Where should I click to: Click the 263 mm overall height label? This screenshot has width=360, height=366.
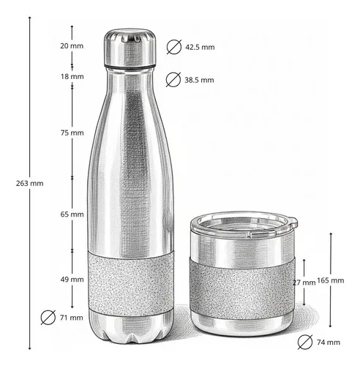tap(30, 183)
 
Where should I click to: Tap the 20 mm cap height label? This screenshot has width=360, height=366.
tap(72, 46)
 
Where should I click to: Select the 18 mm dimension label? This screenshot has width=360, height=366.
tap(72, 77)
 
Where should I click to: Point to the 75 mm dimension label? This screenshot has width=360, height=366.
tap(72, 132)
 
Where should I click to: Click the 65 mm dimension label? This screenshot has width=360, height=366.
tap(72, 214)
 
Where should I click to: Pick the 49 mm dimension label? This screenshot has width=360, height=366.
tap(72, 280)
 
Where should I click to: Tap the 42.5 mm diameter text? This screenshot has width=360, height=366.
tap(200, 47)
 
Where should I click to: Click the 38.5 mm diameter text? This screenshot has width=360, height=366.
tap(199, 80)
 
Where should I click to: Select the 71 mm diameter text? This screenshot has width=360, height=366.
tap(72, 318)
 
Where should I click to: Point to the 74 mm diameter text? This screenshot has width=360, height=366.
tap(329, 343)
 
